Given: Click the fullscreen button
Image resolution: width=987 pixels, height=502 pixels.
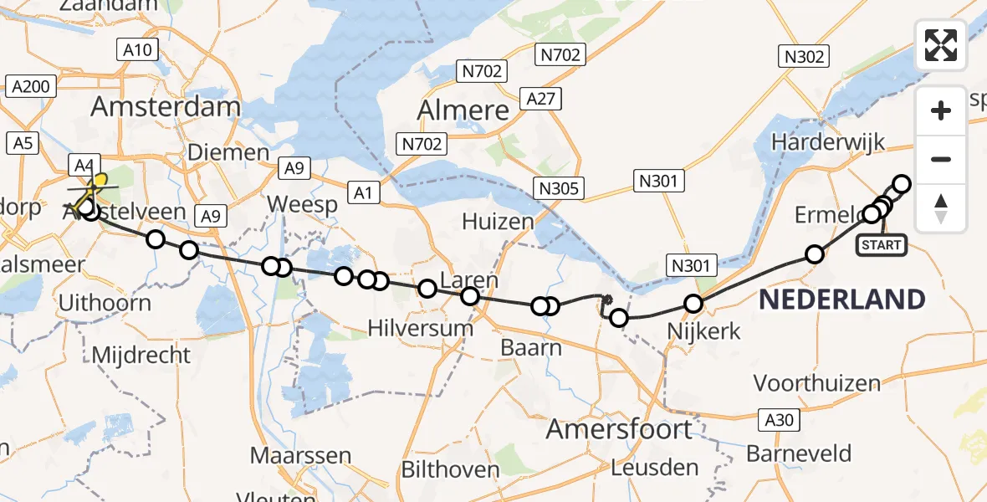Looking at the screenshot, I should tap(941, 45).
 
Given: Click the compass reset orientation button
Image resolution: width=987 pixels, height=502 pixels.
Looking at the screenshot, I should tap(941, 208).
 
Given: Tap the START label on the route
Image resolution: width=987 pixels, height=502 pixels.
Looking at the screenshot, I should tap(882, 244).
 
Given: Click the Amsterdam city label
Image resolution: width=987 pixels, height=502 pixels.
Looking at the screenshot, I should tap(166, 106).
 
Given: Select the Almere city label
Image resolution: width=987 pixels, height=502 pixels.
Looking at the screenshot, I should tap(463, 110).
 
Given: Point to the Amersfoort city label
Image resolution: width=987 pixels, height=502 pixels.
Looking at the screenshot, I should tap(619, 429).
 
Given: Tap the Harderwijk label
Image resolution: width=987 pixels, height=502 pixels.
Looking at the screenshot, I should tap(816, 142).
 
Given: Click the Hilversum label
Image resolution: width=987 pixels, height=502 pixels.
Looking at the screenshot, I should tap(421, 328).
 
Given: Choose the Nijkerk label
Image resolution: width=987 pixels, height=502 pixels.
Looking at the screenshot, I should tap(703, 331).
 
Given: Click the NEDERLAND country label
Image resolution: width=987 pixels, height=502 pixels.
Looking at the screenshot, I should tap(841, 299).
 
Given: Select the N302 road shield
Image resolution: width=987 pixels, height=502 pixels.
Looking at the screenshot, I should tap(804, 56).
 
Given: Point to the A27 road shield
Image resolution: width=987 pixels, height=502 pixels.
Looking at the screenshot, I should tap(540, 100).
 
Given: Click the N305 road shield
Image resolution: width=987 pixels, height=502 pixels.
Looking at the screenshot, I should tap(559, 188).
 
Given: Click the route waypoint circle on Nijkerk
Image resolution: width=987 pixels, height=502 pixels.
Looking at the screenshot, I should tap(693, 305).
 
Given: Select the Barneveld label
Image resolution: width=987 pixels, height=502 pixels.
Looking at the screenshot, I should tap(799, 454).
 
